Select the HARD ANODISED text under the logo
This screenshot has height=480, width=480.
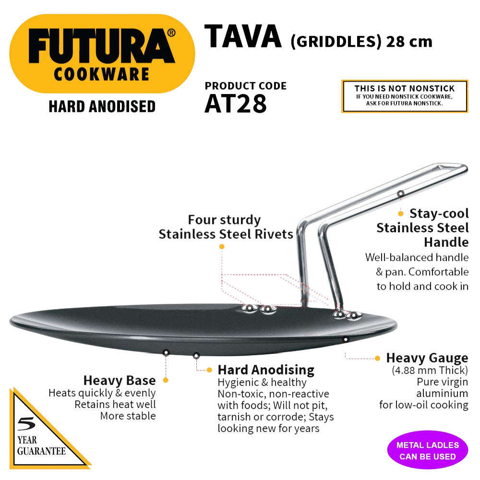[x=102, y=106]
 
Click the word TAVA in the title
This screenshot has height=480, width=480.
[x=243, y=37]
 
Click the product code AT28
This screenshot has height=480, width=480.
[x=235, y=104]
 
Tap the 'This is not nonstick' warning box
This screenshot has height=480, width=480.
[x=404, y=96]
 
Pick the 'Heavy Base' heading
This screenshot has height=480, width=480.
[x=120, y=381]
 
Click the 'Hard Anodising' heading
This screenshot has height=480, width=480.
[x=266, y=370]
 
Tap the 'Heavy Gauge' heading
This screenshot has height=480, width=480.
[x=427, y=358]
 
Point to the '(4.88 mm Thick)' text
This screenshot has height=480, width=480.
[x=430, y=371]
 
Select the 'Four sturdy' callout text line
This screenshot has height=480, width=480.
[x=224, y=220]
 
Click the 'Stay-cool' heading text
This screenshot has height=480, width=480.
[x=439, y=214]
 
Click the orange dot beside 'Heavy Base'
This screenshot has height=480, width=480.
[x=165, y=380]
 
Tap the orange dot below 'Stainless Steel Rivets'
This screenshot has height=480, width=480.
[x=221, y=246]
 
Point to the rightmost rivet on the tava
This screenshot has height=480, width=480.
[x=355, y=315]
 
